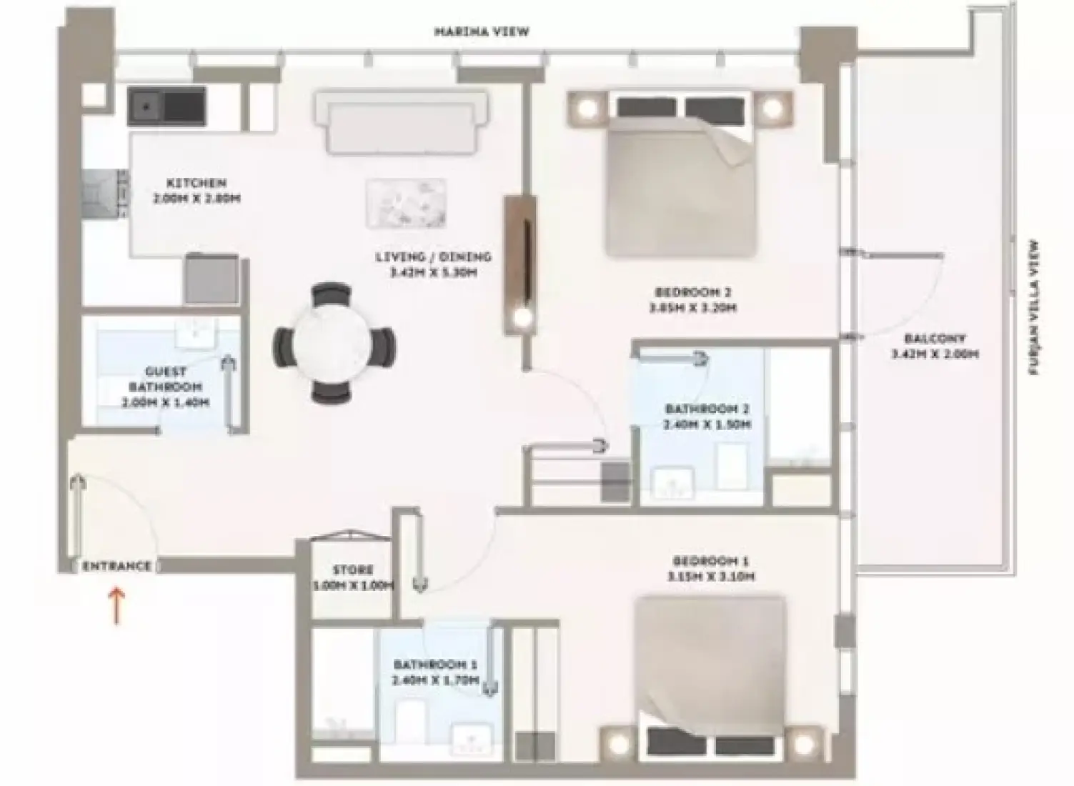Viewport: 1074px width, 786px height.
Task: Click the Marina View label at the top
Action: [x=482, y=32]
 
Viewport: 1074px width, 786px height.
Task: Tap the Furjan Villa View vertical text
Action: [x=1034, y=307]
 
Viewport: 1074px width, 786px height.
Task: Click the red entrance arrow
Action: [x=117, y=606]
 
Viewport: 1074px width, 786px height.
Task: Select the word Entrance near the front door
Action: [x=117, y=566]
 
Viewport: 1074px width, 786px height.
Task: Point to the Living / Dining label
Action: [x=433, y=257]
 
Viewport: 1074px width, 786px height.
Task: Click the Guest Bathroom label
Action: [x=165, y=372]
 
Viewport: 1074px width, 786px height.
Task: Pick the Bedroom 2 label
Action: [x=692, y=292]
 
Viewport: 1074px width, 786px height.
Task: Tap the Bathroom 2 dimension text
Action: [x=707, y=425]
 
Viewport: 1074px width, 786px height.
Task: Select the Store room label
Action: [x=353, y=570]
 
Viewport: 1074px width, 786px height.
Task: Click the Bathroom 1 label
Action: [x=434, y=665]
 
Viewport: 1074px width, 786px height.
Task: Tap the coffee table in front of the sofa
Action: [x=406, y=202]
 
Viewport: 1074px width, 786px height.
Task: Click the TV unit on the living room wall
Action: [x=519, y=264]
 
